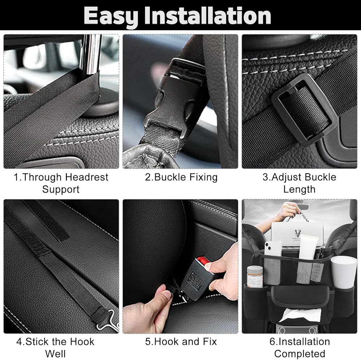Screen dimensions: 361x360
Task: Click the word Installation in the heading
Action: point(208,16)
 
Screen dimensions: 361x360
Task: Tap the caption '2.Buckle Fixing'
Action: point(181,177)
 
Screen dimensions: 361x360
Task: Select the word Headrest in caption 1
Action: point(87,177)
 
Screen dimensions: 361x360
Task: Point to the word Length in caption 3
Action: point(299,189)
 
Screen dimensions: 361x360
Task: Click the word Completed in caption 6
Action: point(300,353)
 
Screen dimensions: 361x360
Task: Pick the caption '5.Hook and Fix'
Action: point(181,342)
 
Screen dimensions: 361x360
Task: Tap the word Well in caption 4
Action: point(56,353)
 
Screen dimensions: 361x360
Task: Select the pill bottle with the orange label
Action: point(255,277)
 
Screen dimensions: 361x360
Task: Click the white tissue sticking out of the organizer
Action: point(300,314)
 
